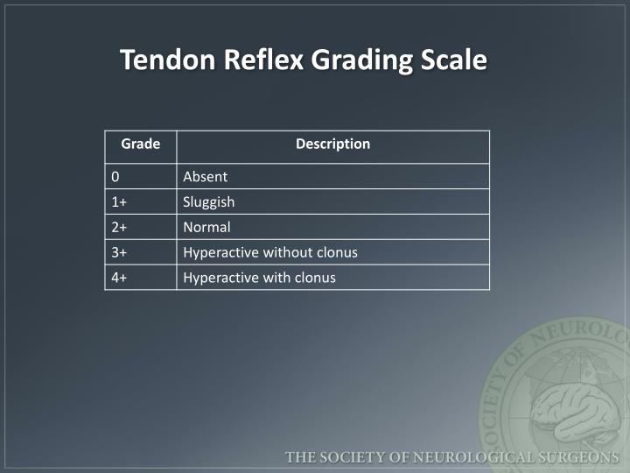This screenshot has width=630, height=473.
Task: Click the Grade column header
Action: point(140,144)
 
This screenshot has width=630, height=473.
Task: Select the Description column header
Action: point(332,144)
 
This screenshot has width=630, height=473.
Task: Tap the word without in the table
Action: point(287,252)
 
